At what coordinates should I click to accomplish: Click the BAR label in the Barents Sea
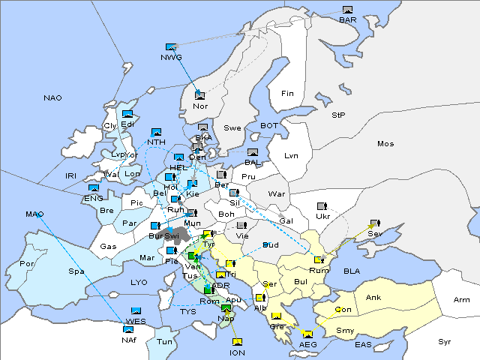point(347,19)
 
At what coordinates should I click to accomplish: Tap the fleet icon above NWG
point(171,47)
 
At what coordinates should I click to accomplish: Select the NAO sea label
point(52,98)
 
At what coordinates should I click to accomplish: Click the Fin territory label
point(286,94)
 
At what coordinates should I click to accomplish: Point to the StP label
point(338,115)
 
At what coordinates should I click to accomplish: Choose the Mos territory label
point(385,143)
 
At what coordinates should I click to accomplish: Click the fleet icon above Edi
point(127,114)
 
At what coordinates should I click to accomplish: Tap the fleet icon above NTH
point(156,132)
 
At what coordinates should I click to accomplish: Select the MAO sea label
point(34,214)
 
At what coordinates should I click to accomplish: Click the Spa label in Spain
point(76,271)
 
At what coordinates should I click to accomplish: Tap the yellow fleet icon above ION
point(237,342)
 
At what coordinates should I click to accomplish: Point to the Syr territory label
point(445,341)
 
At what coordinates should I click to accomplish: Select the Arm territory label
point(461,300)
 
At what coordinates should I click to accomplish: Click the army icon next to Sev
point(374,223)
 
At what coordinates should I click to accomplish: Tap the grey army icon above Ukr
point(322,205)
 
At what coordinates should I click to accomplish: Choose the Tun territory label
point(164,341)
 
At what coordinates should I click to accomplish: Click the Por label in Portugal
point(27,264)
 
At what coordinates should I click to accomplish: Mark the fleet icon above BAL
point(253,152)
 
